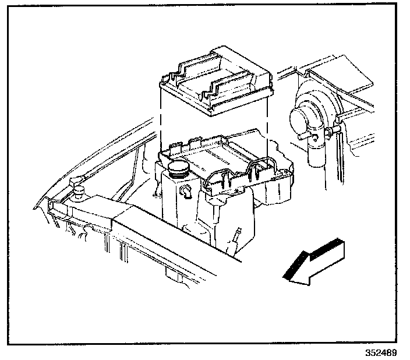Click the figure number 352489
[383, 353]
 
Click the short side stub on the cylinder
[302, 137]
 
